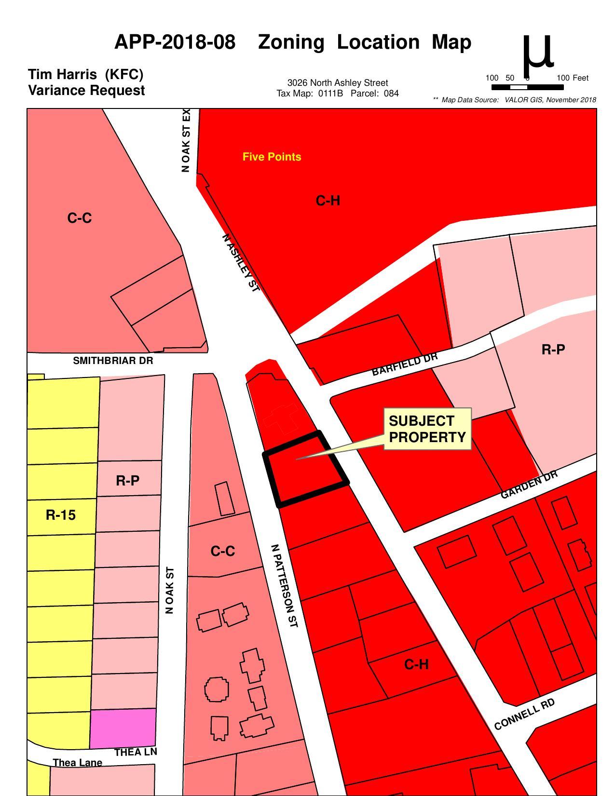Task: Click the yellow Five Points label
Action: pos(272,157)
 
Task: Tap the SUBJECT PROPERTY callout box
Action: pos(427,429)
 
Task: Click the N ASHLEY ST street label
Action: pos(241,263)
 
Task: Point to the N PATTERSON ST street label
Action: pos(284,586)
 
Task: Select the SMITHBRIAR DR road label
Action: pos(113,361)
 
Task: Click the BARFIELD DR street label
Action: pos(405,364)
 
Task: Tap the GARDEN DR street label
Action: pos(529,484)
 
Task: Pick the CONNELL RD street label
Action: pos(524,714)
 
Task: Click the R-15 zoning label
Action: pos(61,515)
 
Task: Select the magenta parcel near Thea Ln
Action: pos(123,728)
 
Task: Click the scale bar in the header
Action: pos(527,87)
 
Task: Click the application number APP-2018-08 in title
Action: pos(175,42)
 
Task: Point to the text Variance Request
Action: pos(86,91)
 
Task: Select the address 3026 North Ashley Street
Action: pos(337,83)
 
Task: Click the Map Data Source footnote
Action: pos(515,100)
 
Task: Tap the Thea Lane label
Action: pos(77,763)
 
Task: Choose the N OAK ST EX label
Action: pos(186,140)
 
